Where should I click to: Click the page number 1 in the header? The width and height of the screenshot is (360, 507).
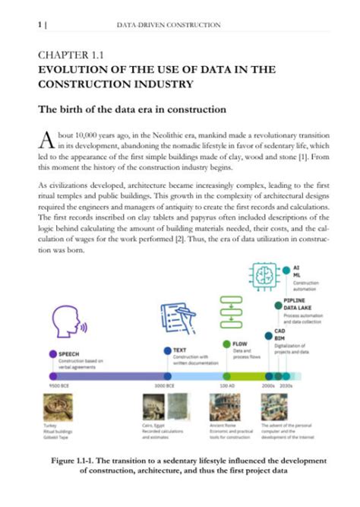click(x=39, y=25)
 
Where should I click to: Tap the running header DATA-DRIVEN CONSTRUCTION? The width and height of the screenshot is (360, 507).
click(x=169, y=25)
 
